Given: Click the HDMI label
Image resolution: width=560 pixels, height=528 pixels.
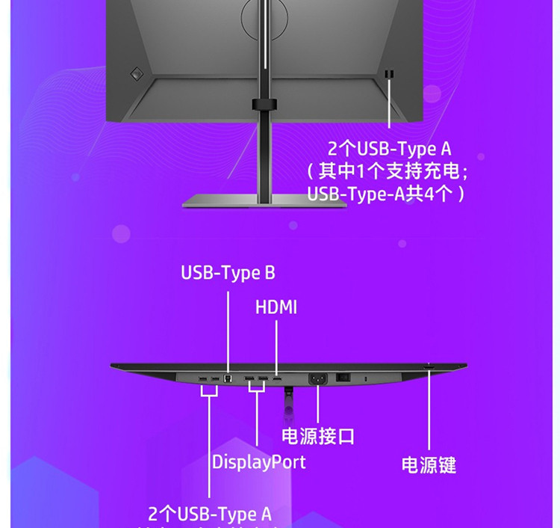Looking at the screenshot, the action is tap(276, 307).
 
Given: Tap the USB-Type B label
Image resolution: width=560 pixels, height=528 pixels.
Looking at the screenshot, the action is tap(228, 273).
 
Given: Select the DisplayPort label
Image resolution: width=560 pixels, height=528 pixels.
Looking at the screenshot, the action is tap(258, 461).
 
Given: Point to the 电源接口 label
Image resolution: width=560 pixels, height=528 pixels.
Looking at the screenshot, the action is tap(318, 436).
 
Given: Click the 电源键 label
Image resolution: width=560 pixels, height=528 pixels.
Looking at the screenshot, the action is tap(429, 465).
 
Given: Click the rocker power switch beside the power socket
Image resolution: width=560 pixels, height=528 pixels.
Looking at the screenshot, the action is tap(344, 378).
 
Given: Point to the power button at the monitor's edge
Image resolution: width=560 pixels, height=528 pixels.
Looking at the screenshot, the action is tap(429, 366).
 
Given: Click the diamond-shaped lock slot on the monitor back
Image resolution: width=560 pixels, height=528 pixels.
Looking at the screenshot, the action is tap(137, 73).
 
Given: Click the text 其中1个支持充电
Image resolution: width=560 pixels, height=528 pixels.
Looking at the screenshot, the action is tap(388, 171).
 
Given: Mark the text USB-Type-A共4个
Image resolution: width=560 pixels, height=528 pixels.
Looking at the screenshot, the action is tap(388, 194).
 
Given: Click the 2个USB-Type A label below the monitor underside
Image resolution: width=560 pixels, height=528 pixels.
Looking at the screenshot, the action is tap(210, 514).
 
